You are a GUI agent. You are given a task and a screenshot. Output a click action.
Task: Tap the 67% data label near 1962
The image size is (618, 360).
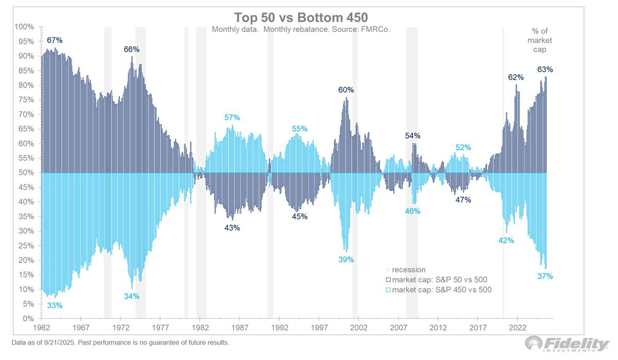55,40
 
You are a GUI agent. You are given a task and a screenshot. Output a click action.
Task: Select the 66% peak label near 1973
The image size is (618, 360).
131,49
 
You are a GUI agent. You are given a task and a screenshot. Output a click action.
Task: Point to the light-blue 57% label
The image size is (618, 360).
232,117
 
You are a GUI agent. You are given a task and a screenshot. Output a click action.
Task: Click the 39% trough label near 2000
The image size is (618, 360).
346,260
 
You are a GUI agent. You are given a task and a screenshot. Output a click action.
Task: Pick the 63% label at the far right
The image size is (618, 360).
545,70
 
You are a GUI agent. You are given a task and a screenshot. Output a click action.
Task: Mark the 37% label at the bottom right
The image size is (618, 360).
545,276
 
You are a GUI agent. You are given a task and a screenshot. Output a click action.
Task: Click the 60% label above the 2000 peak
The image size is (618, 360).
346,90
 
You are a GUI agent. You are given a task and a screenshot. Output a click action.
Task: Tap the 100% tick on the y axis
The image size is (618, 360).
25,26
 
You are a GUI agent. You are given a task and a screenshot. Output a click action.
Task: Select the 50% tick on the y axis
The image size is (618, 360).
26,173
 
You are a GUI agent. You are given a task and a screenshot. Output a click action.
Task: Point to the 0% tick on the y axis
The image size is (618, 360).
28,318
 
